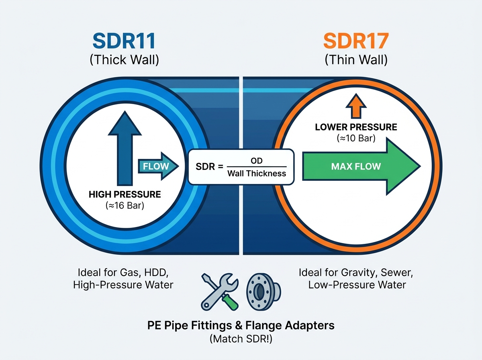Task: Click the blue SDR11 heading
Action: [124, 41]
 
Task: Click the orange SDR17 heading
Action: [356, 41]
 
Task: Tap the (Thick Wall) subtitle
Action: [124, 60]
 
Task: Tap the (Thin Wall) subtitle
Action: [356, 60]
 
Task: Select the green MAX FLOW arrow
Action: [361, 166]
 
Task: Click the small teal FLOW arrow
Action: [158, 166]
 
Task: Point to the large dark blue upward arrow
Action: [125, 148]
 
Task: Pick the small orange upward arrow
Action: [356, 106]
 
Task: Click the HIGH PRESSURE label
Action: [125, 194]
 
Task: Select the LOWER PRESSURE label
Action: [356, 127]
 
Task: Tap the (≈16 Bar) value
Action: [125, 206]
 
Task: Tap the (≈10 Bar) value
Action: [356, 138]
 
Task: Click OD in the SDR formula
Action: [257, 161]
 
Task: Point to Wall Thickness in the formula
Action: [257, 174]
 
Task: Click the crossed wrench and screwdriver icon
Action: [220, 292]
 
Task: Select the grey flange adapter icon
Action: [263, 292]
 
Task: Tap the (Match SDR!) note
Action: [241, 339]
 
